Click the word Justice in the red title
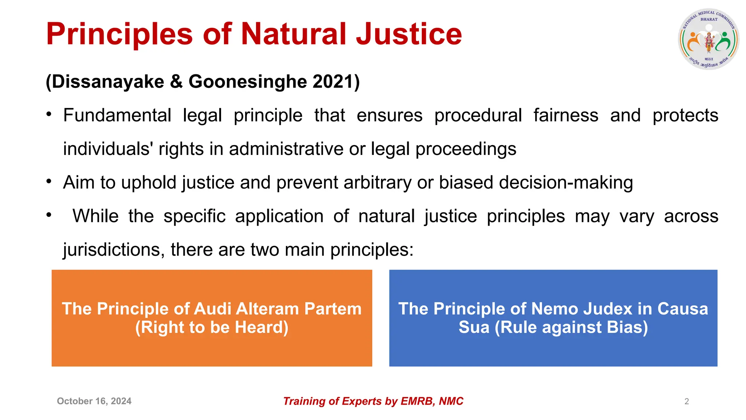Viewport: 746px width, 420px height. (x=409, y=34)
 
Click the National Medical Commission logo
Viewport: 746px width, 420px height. (x=708, y=39)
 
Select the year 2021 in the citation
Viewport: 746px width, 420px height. (x=334, y=81)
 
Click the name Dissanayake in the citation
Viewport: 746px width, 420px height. (x=108, y=81)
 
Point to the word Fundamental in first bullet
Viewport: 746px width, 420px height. (x=117, y=115)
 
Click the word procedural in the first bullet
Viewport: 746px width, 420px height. (x=478, y=115)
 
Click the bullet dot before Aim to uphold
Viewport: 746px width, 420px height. (x=49, y=181)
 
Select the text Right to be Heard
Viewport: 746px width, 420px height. (x=212, y=327)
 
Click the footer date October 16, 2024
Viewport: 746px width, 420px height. (x=94, y=401)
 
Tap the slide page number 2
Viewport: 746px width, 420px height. (x=686, y=401)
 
